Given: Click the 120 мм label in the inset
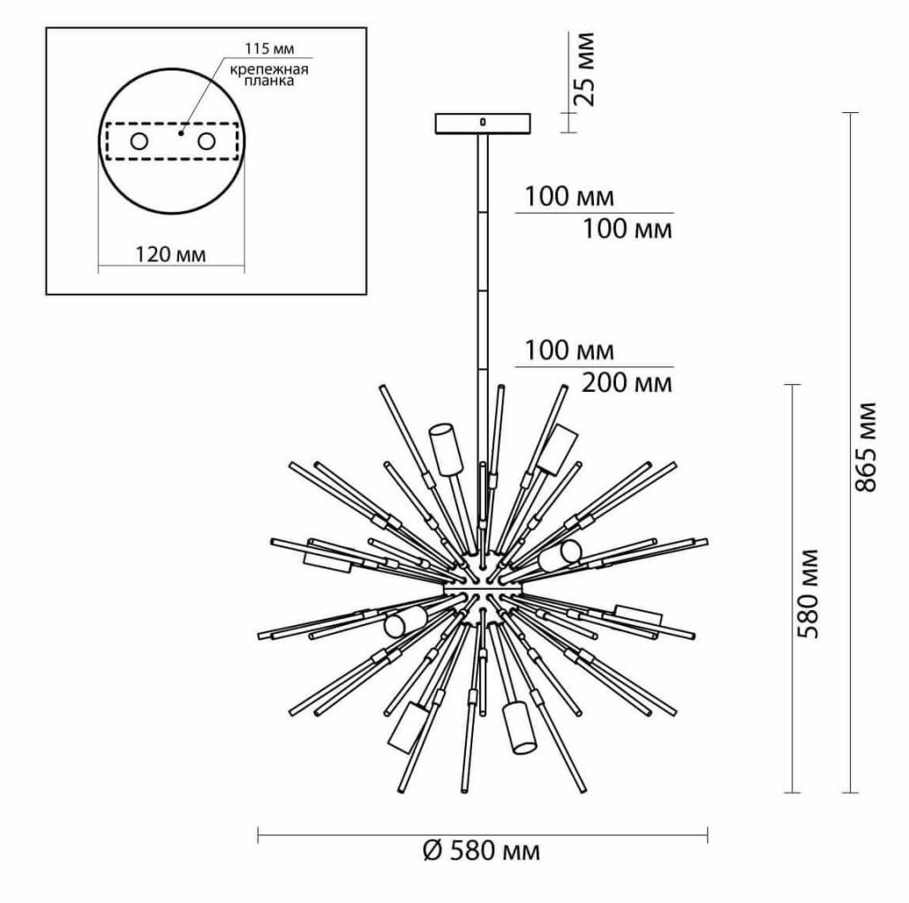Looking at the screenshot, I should click(170, 256).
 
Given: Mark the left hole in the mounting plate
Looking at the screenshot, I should click(139, 141).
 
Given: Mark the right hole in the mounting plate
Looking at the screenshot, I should click(207, 141).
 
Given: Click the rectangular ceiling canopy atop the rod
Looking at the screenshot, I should click(483, 123).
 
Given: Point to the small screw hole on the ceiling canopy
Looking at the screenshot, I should click(483, 121).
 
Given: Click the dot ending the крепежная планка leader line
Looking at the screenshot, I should click(180, 134).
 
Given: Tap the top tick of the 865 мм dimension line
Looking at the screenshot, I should click(850, 113).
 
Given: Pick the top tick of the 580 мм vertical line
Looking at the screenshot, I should click(792, 385).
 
